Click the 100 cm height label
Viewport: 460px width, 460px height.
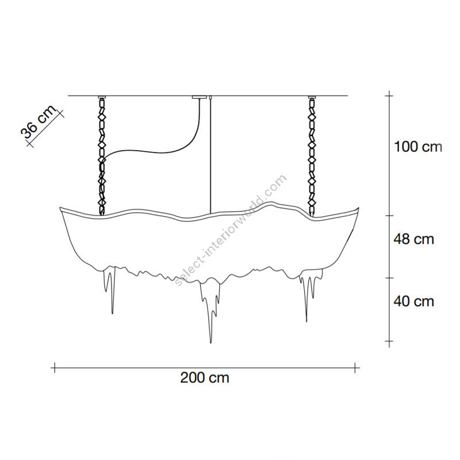click(418, 147)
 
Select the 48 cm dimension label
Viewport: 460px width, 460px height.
click(413, 239)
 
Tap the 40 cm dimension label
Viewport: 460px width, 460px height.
click(413, 301)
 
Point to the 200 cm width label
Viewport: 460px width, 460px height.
click(205, 378)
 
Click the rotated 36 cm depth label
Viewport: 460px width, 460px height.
click(38, 122)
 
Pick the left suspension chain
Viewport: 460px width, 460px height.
click(102, 156)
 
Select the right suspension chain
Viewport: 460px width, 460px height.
click(312, 156)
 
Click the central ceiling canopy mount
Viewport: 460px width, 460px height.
click(200, 97)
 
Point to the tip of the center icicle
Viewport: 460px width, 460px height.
click(210, 343)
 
